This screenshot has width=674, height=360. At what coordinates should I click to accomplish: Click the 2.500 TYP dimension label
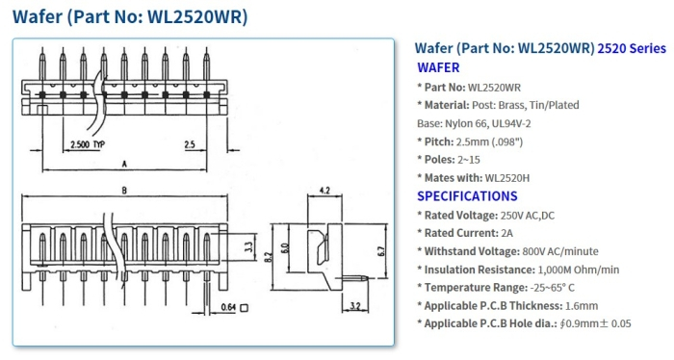tap(88, 144)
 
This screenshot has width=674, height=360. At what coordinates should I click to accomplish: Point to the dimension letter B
tap(123, 192)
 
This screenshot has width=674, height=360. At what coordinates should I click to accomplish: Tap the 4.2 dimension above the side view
tap(324, 191)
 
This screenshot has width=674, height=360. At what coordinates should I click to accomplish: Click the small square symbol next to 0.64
tap(245, 308)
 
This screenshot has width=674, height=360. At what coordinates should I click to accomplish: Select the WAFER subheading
tap(438, 67)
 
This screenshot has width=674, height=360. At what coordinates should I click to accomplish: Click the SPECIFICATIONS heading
tap(467, 195)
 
